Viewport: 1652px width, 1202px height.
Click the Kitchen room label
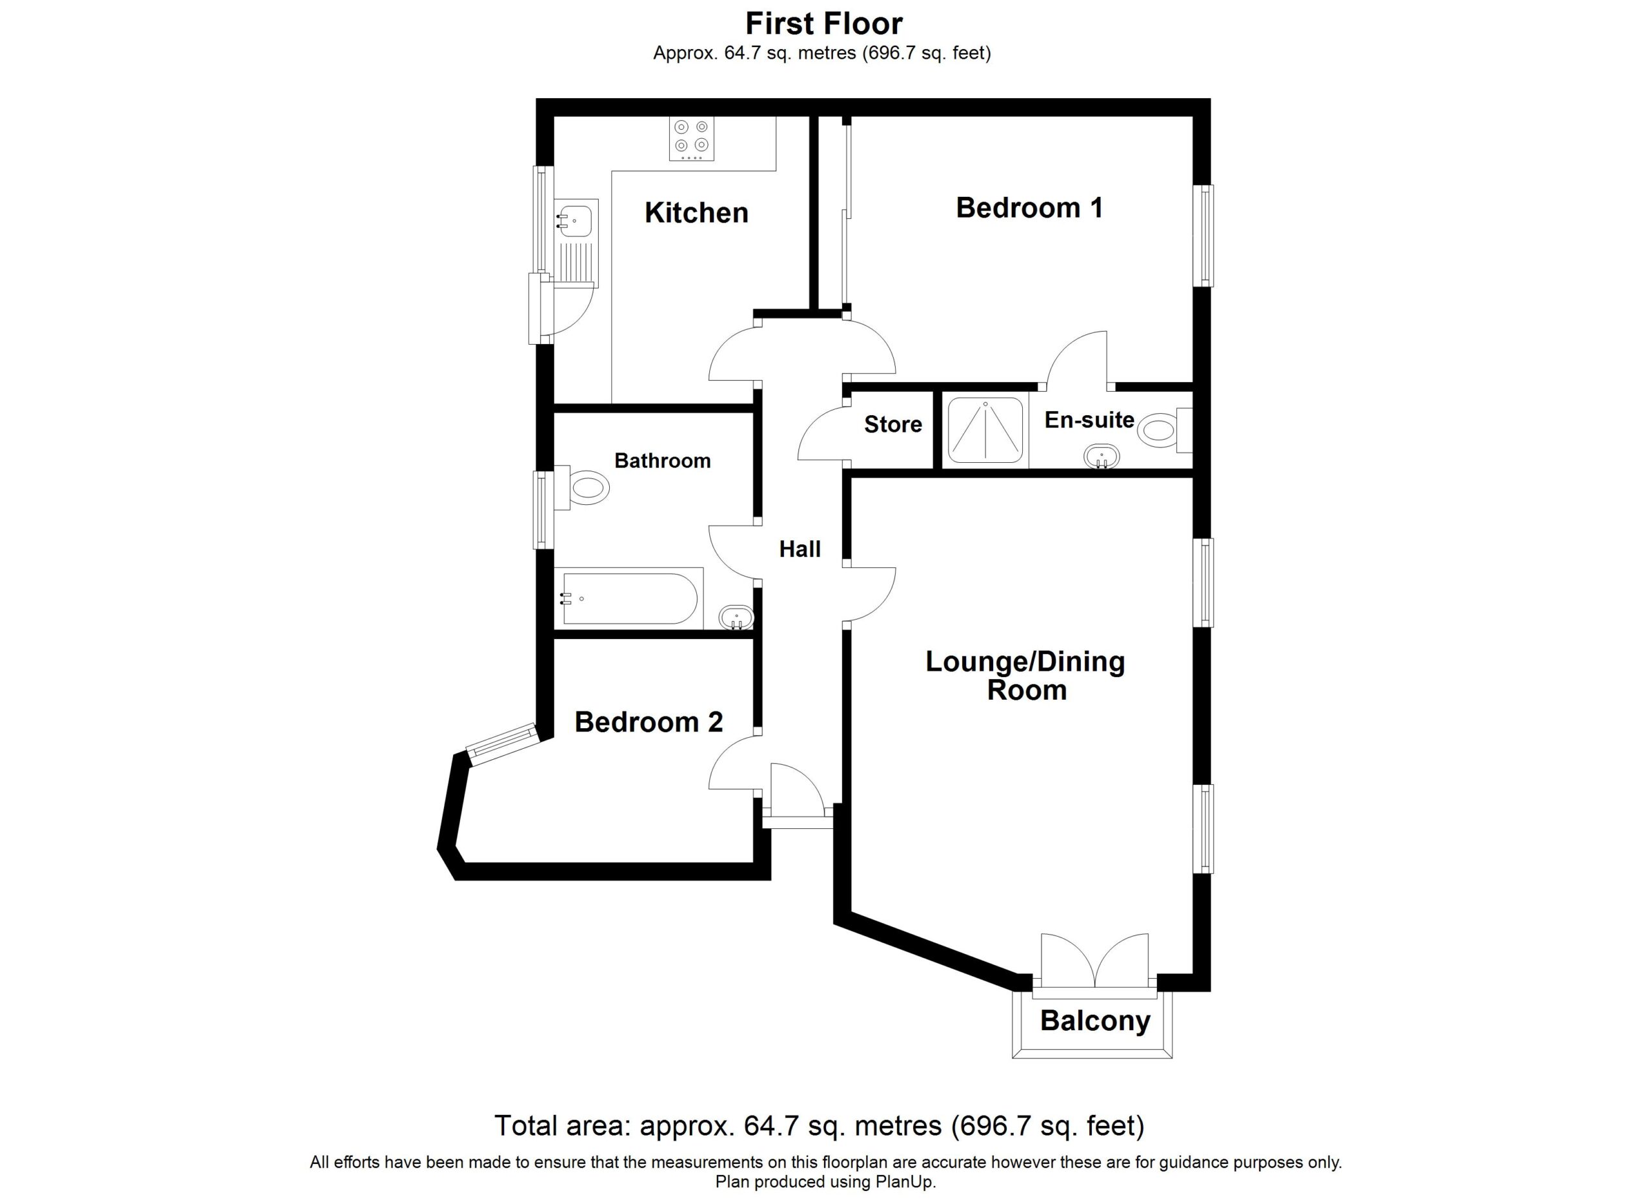tap(696, 213)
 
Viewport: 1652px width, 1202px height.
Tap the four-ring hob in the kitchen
tap(691, 138)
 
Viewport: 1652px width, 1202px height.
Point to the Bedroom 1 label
tap(1029, 208)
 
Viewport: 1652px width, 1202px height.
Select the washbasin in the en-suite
tap(1102, 457)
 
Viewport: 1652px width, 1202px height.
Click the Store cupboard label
tap(893, 424)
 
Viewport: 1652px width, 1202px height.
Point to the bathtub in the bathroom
tap(629, 598)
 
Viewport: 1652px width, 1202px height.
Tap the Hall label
tap(800, 549)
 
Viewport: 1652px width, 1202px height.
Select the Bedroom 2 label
tap(649, 722)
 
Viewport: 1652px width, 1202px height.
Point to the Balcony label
tap(1095, 1021)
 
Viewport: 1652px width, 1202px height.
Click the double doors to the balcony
tap(1095, 962)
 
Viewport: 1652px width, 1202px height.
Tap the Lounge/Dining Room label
tap(1025, 675)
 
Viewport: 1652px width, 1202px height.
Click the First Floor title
tap(824, 23)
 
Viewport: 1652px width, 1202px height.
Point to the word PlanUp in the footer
tap(906, 1181)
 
